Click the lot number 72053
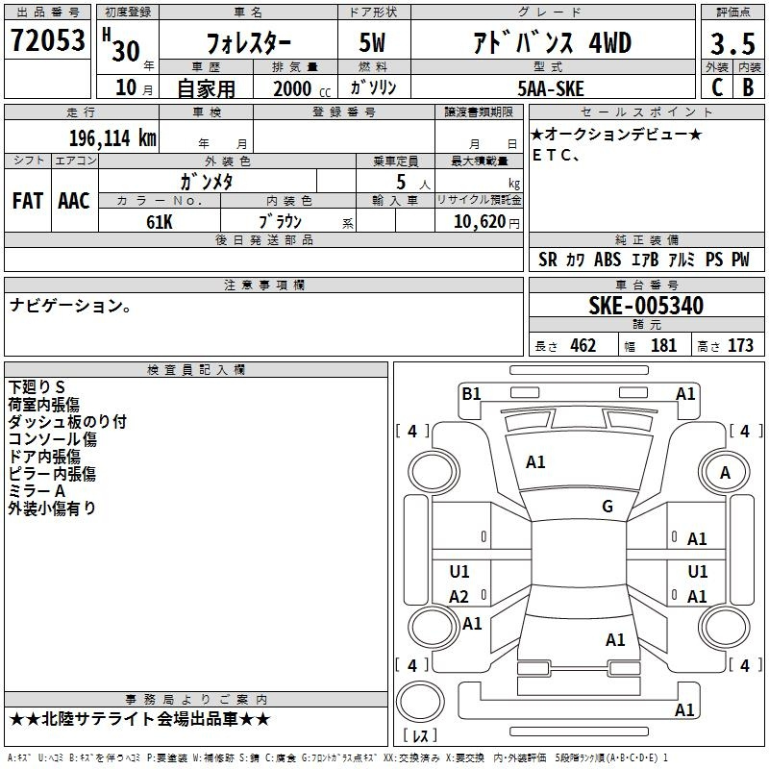click(47, 40)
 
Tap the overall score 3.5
click(732, 43)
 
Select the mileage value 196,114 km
click(112, 137)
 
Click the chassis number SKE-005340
click(646, 306)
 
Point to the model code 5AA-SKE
click(551, 88)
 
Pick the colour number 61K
click(160, 222)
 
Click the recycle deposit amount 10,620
click(479, 222)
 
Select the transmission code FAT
click(28, 201)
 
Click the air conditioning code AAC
click(74, 201)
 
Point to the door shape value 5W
click(372, 42)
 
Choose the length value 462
click(583, 345)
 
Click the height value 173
click(740, 345)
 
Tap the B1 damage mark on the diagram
click(471, 393)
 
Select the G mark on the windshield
click(608, 507)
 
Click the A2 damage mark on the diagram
click(459, 597)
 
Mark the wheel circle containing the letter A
click(724, 472)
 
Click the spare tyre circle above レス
click(420, 702)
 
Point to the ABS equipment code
click(608, 260)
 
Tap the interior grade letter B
click(748, 87)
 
